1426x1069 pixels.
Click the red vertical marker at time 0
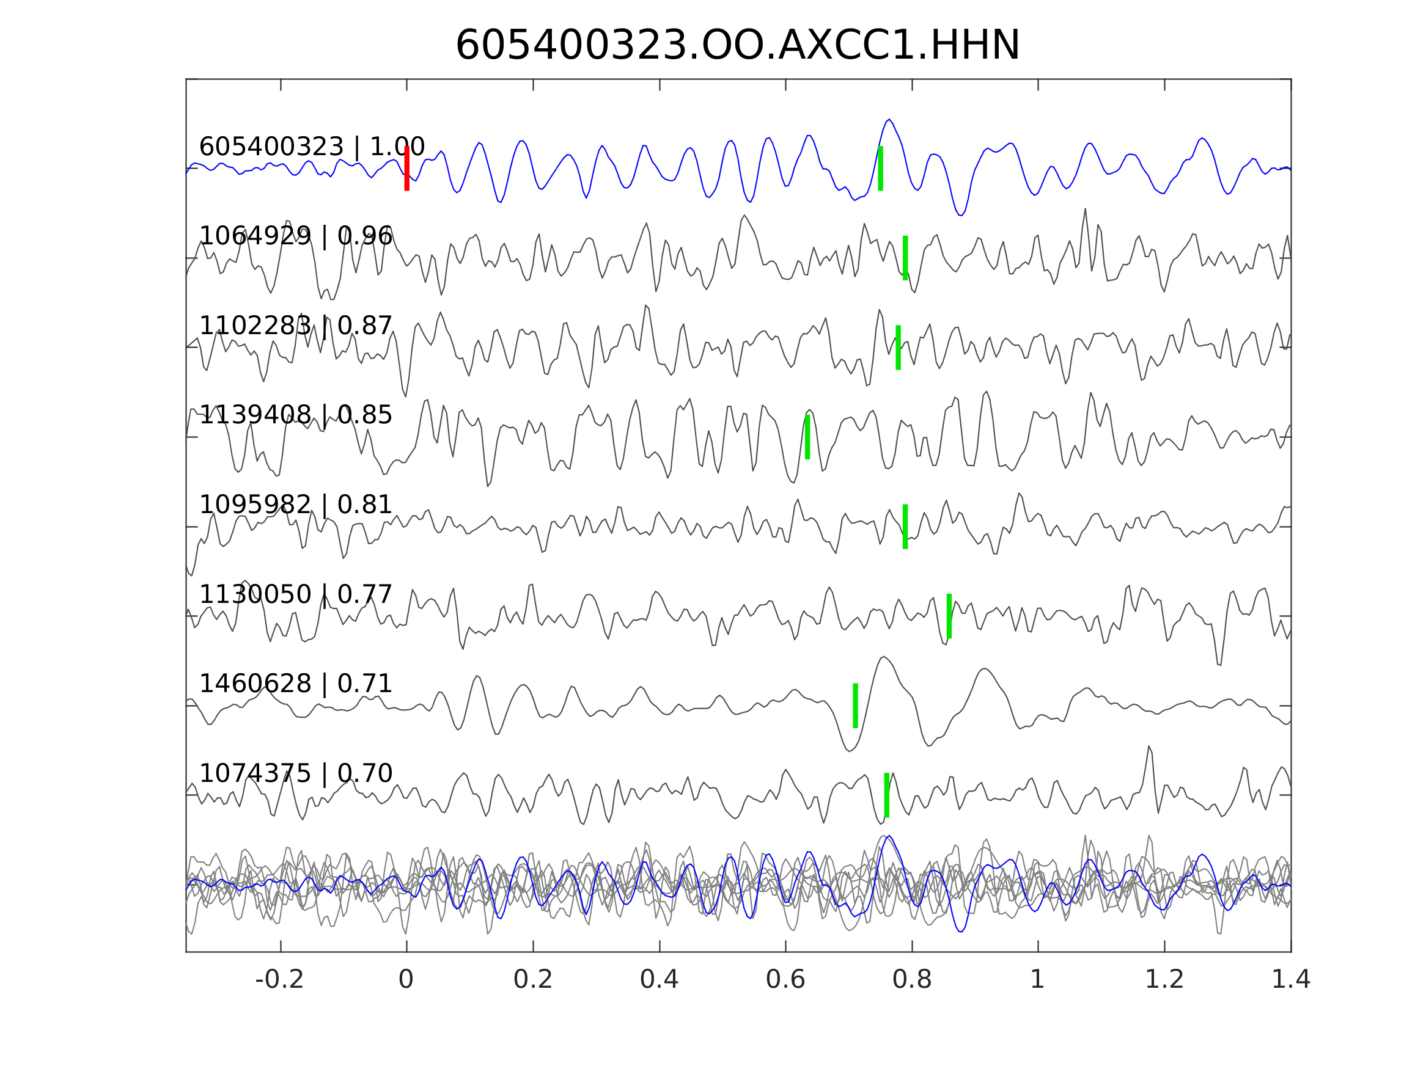[x=407, y=169]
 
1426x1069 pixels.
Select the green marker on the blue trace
[x=881, y=169]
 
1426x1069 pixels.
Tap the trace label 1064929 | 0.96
[x=296, y=236]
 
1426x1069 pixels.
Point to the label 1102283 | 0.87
[x=296, y=326]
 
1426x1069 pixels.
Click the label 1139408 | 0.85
[x=296, y=415]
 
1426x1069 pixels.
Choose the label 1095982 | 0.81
[x=296, y=505]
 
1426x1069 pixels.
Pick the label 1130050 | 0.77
[x=296, y=594]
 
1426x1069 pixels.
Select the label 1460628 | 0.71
[x=296, y=684]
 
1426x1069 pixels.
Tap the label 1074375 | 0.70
[x=296, y=773]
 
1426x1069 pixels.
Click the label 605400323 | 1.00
[x=312, y=147]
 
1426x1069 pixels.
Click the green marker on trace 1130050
[x=950, y=616]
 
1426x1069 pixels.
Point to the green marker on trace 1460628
[x=856, y=706]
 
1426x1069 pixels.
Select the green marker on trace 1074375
[x=887, y=795]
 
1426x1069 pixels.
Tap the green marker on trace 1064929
[x=906, y=258]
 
